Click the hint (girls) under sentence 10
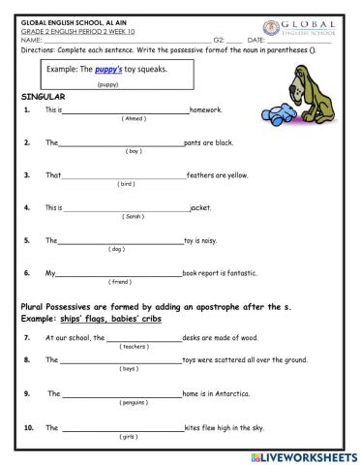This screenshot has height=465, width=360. click(127, 437)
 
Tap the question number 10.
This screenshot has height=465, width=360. click(28, 427)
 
